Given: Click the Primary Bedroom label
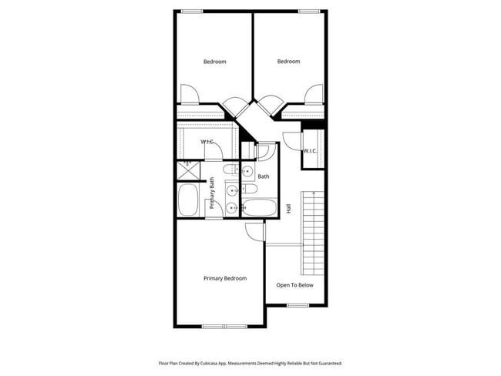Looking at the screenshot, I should (225, 278).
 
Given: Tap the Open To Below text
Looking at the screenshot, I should (294, 284).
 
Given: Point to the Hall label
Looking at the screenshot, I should (288, 208).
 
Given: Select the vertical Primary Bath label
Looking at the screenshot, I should (212, 193).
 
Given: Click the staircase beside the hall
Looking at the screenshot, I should (314, 228).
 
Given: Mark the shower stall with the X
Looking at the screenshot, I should (188, 170).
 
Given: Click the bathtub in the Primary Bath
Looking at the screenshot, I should (188, 200).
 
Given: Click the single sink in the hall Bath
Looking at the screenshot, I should (248, 171).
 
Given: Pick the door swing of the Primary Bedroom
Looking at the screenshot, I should (255, 230).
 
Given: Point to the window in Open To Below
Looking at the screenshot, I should (298, 305).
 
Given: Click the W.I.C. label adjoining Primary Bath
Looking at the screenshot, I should (207, 142).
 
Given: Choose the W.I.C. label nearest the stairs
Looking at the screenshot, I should (309, 151).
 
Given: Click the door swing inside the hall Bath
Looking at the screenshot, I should (263, 152).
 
